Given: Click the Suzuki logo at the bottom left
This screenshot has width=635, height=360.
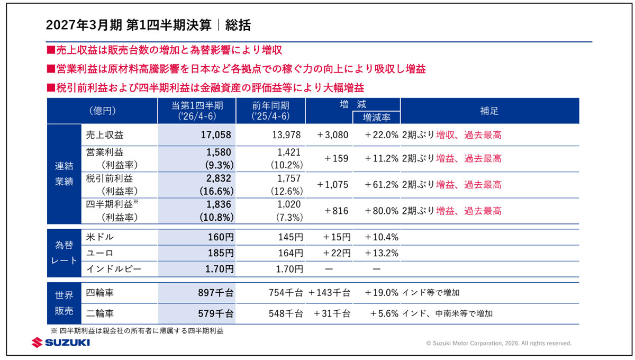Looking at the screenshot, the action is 61,343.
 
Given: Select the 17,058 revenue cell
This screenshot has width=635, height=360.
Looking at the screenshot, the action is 216,135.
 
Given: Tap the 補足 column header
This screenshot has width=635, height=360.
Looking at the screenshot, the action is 489,111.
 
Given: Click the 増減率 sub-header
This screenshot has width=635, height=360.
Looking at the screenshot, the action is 376,117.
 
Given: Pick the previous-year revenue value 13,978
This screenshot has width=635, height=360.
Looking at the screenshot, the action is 286,135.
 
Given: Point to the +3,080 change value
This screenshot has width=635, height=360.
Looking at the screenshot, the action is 332,135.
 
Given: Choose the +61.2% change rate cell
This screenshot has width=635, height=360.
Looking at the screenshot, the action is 382,185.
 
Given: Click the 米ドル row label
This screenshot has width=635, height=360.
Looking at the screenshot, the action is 100,237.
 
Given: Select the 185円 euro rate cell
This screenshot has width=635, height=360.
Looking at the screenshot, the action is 221,253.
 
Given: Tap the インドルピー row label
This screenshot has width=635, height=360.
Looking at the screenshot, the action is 114,268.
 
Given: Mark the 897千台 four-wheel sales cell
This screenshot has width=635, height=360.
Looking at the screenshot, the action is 216,292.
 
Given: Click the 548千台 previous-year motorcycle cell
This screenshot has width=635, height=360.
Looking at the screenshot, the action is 286,313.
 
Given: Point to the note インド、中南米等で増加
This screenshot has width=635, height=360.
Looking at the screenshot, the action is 447,313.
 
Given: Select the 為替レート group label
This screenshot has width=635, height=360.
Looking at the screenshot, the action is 64,253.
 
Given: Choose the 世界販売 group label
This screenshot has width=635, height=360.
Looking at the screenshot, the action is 64,303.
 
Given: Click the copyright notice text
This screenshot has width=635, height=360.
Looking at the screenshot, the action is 498,343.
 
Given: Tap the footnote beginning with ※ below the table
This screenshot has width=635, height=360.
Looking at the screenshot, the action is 137,331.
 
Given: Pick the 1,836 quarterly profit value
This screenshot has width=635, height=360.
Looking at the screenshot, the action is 219,204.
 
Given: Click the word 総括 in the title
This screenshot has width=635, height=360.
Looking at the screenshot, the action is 238,25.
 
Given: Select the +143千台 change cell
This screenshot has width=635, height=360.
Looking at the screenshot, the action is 329,292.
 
